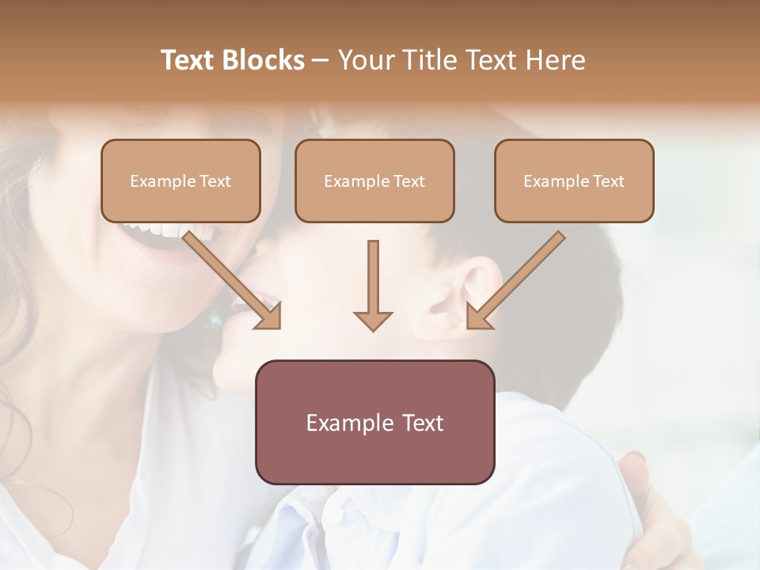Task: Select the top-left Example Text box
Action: pos(180,180)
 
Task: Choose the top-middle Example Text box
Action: pos(374,180)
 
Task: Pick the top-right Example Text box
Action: pos(574,180)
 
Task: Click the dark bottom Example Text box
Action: pos(374,422)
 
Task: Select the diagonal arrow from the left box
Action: pos(230,277)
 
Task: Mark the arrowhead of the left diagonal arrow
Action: pos(270,317)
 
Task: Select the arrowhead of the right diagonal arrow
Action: pos(478,317)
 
